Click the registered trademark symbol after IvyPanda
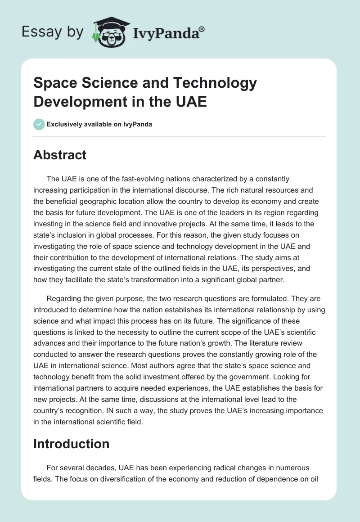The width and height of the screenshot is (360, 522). pos(202,29)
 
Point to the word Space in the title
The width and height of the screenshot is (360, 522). pos(56,83)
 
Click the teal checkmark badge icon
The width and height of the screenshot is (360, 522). pos(39,124)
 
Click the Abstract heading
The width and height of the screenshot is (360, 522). pos(60,155)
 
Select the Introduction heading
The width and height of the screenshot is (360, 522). pos(72,444)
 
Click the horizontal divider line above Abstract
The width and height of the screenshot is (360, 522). pos(180,136)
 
